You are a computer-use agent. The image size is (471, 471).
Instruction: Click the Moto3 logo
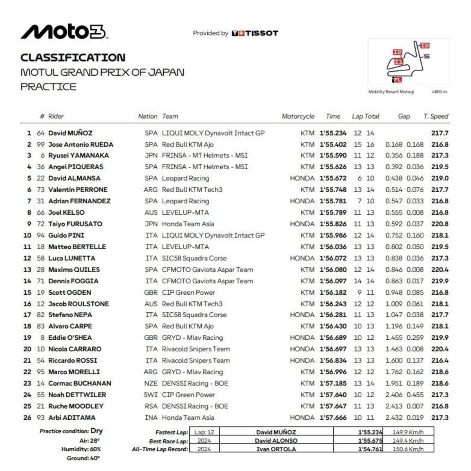pyautogui.click(x=64, y=32)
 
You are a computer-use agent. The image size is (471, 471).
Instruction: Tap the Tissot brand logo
pyautogui.click(x=255, y=33)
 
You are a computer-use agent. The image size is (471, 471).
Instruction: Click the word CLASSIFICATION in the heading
pyautogui.click(x=73, y=58)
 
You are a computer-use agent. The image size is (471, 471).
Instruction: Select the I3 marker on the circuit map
pyautogui.click(x=425, y=45)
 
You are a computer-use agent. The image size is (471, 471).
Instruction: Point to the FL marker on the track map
pyautogui.click(x=398, y=80)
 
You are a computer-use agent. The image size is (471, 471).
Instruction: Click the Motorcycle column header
pyautogui.click(x=298, y=116)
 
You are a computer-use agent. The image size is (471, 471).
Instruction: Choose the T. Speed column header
pyautogui.click(x=436, y=116)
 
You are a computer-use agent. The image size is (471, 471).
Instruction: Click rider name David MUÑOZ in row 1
pyautogui.click(x=70, y=133)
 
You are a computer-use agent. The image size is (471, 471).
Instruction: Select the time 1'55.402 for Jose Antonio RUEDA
pyautogui.click(x=333, y=145)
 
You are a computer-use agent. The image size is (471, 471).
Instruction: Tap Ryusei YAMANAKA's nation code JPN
pyautogui.click(x=151, y=156)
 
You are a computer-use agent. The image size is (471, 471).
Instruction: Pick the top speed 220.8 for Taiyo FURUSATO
pyautogui.click(x=440, y=224)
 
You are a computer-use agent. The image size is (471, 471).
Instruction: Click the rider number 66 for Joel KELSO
pyautogui.click(x=41, y=213)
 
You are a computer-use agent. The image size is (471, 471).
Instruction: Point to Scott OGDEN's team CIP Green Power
pyautogui.click(x=188, y=293)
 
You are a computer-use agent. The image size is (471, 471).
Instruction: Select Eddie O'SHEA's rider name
pyautogui.click(x=70, y=338)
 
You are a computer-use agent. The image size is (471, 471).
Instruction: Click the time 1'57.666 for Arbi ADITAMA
pyautogui.click(x=333, y=418)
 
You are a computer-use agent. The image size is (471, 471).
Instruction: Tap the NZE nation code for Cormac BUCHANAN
pyautogui.click(x=151, y=384)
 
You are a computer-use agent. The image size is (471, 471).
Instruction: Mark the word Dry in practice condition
pyautogui.click(x=97, y=431)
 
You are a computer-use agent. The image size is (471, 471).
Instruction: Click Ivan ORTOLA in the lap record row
pyautogui.click(x=276, y=449)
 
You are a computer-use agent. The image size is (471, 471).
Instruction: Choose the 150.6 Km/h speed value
pyautogui.click(x=408, y=449)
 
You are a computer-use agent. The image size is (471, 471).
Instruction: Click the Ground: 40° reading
pyautogui.click(x=83, y=458)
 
